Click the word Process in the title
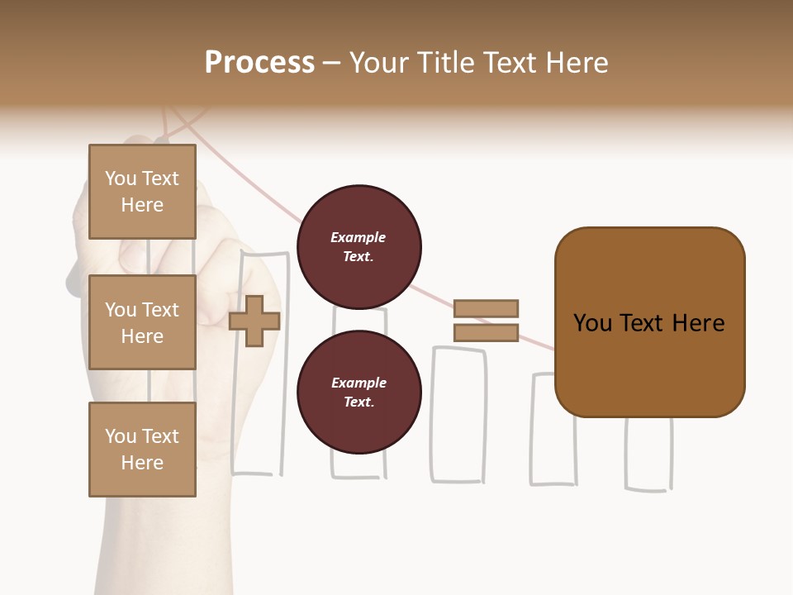[259, 63]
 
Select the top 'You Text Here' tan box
[142, 192]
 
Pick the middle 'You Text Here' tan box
[142, 322]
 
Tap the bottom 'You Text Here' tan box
[142, 450]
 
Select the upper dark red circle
[359, 247]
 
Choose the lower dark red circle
[359, 393]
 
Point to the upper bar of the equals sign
[486, 308]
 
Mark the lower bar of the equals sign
[486, 332]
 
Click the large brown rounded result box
[649, 322]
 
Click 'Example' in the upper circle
[359, 237]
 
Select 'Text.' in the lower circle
[359, 402]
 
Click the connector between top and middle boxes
[149, 257]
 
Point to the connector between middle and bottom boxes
[149, 386]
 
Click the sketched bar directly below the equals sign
[458, 413]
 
